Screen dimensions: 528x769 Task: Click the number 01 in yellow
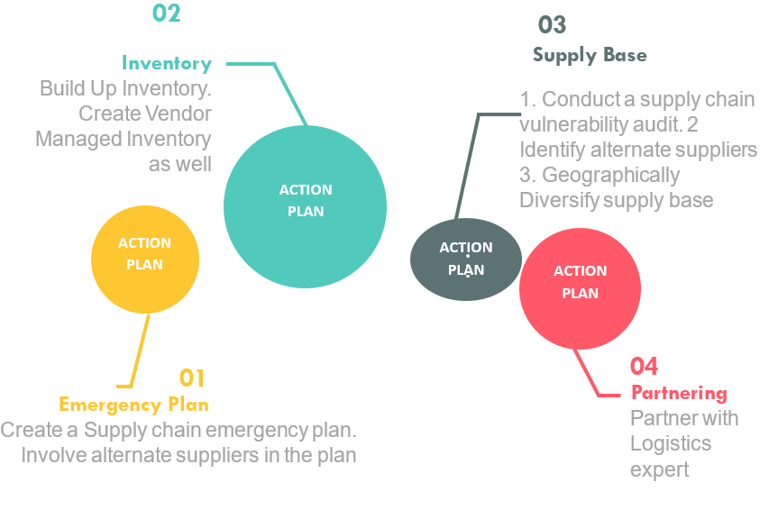pyautogui.click(x=192, y=378)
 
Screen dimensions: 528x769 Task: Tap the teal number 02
pyautogui.click(x=166, y=14)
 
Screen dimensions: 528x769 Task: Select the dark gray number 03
pyautogui.click(x=552, y=25)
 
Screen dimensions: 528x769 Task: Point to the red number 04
pyautogui.click(x=644, y=366)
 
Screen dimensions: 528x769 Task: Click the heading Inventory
pyautogui.click(x=167, y=63)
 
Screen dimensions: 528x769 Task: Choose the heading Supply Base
pyautogui.click(x=590, y=55)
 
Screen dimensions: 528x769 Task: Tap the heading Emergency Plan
pyautogui.click(x=133, y=404)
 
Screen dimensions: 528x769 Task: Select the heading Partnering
pyautogui.click(x=679, y=393)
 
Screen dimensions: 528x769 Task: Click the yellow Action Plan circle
pyautogui.click(x=145, y=259)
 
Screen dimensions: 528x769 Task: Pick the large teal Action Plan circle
pyautogui.click(x=305, y=206)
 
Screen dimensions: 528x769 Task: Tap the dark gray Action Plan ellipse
pyautogui.click(x=466, y=259)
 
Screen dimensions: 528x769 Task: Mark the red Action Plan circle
pyautogui.click(x=580, y=288)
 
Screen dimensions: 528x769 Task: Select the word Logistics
pyautogui.click(x=671, y=443)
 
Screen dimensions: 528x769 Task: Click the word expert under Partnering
pyautogui.click(x=659, y=469)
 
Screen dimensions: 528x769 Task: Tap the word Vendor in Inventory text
pyautogui.click(x=180, y=114)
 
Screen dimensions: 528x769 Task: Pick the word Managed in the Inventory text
pyautogui.click(x=78, y=139)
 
